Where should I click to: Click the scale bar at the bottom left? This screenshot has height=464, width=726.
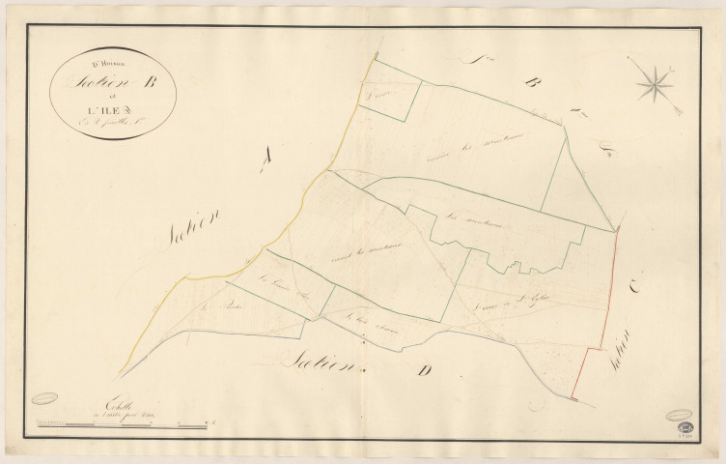121,423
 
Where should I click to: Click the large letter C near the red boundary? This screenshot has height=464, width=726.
635,286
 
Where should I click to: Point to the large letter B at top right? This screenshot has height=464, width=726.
529,84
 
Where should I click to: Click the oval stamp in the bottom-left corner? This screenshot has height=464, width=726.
44,397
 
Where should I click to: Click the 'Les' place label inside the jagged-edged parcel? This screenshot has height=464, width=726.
456,217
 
